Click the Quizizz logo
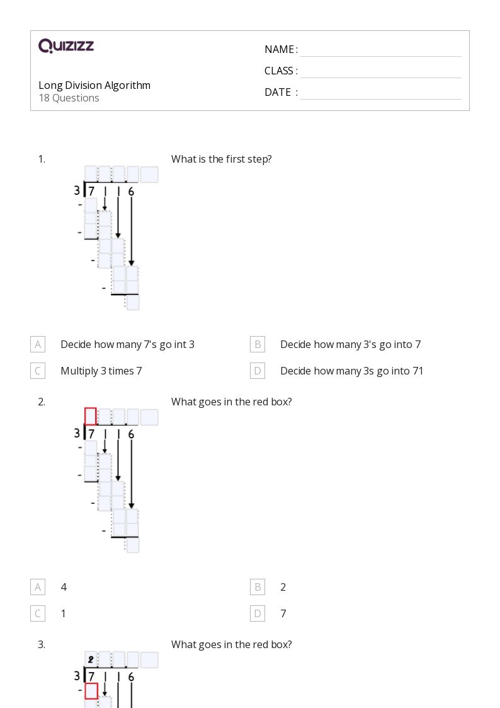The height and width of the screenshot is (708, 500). pos(66,46)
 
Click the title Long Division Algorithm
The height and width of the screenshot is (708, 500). pos(94,85)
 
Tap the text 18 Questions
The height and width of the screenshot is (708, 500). pos(69,98)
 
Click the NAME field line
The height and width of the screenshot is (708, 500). pos(380,50)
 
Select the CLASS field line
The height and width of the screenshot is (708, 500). pos(380,72)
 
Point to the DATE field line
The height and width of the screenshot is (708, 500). pos(380,93)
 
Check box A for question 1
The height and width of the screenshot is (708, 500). pos(38,344)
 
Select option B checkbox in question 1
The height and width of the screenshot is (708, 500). pos(258,344)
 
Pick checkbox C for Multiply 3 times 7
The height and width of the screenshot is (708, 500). pos(38,371)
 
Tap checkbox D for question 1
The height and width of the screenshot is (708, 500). pos(258,371)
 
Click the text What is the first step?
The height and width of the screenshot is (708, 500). pos(221,159)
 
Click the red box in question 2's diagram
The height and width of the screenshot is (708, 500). pos(91,416)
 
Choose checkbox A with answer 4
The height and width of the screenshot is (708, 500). pos(38,587)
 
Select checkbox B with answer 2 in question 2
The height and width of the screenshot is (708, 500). pos(258,587)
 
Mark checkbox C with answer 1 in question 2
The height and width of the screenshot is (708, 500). pos(38,613)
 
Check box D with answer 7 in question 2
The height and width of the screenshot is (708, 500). pos(258,613)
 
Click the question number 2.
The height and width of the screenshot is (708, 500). pos(42,402)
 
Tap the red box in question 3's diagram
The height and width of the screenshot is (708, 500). pos(91,691)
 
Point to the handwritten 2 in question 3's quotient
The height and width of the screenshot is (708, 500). pos(91,660)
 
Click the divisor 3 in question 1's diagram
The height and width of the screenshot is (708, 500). pos(77,190)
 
